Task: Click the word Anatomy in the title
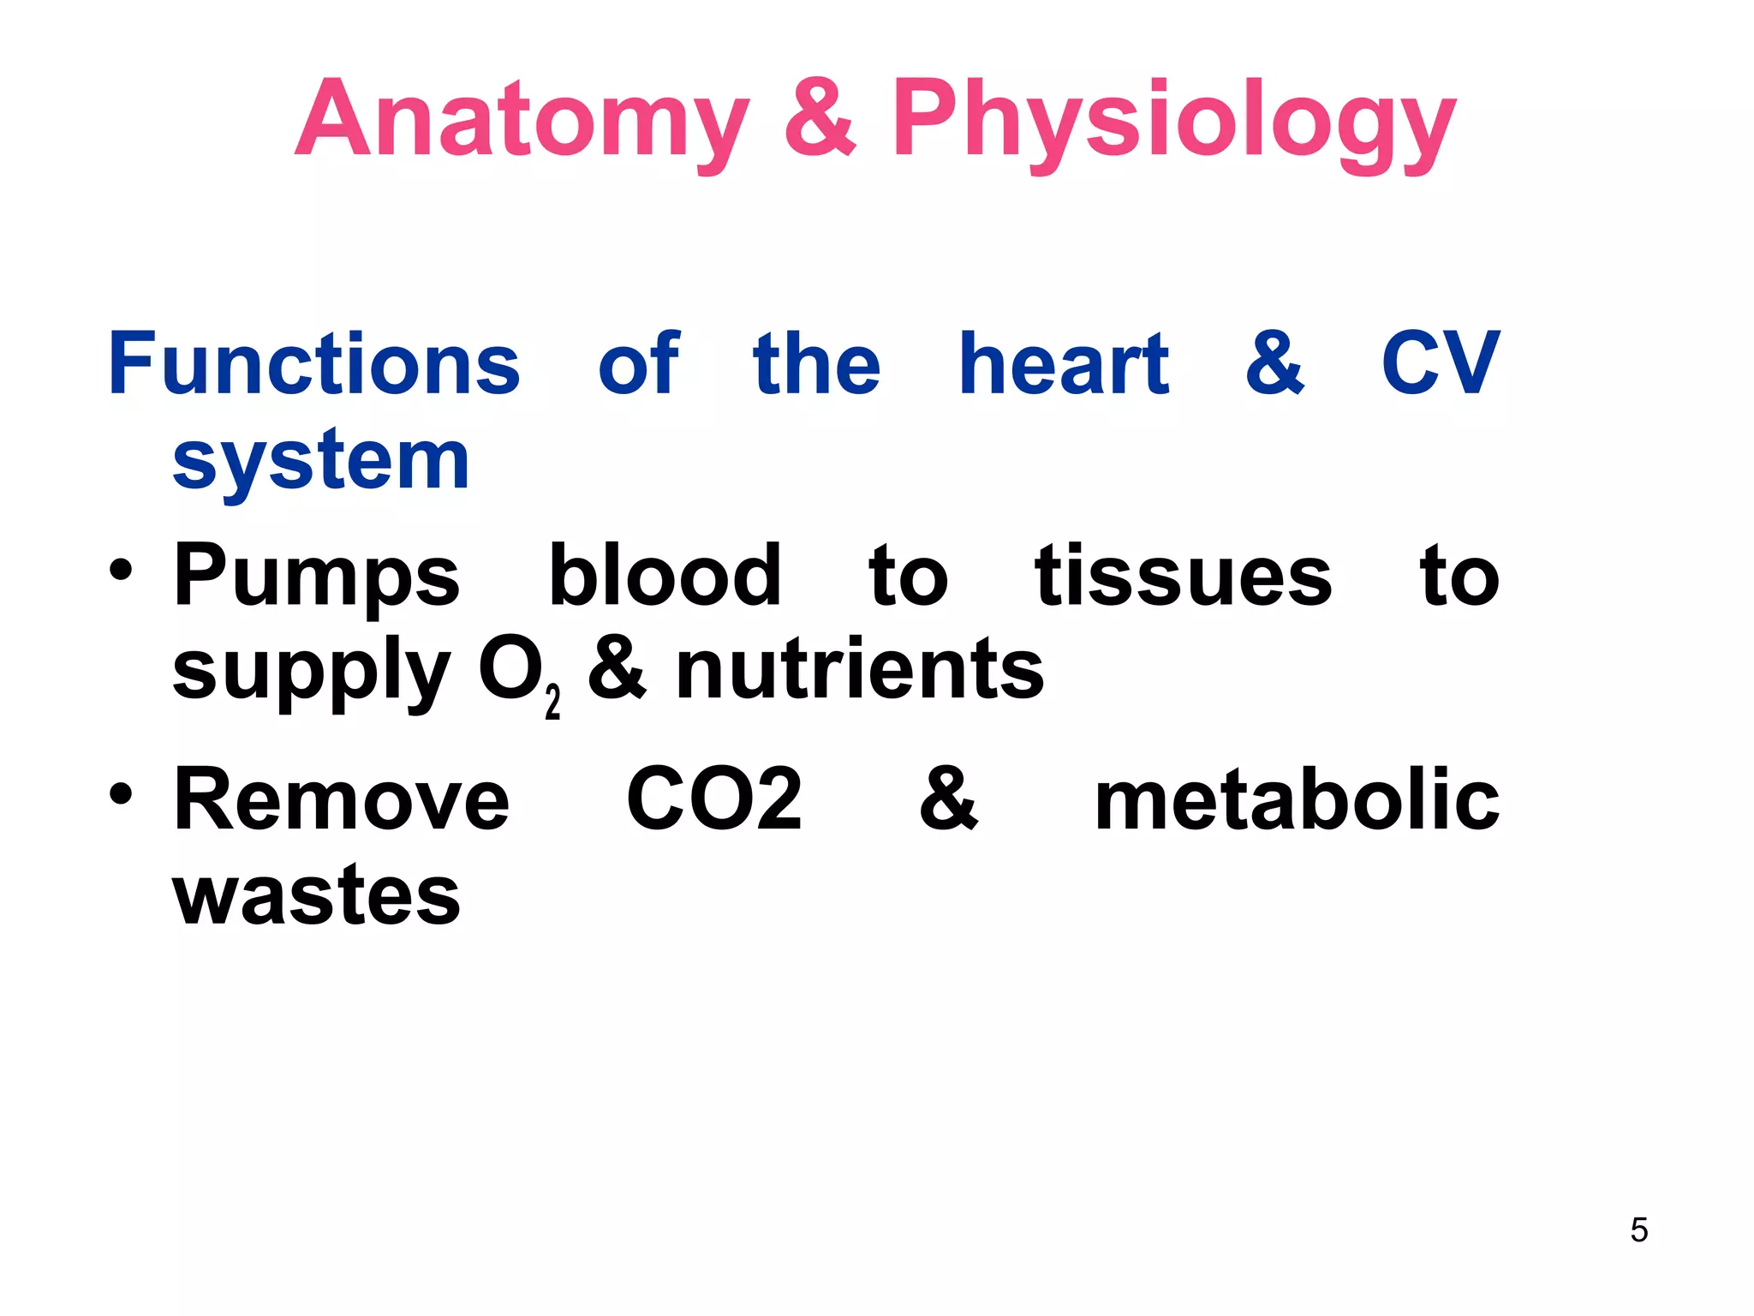point(522,119)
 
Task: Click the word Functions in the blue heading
point(314,365)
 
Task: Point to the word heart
point(1064,365)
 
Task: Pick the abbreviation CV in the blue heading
point(1440,363)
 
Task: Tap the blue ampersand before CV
point(1274,363)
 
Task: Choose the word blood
point(665,575)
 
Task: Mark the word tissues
point(1183,576)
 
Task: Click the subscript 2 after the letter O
point(552,702)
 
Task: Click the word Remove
point(341,799)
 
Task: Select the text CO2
point(714,799)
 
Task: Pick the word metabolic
point(1297,799)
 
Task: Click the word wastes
point(316,895)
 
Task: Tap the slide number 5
point(1638,1229)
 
